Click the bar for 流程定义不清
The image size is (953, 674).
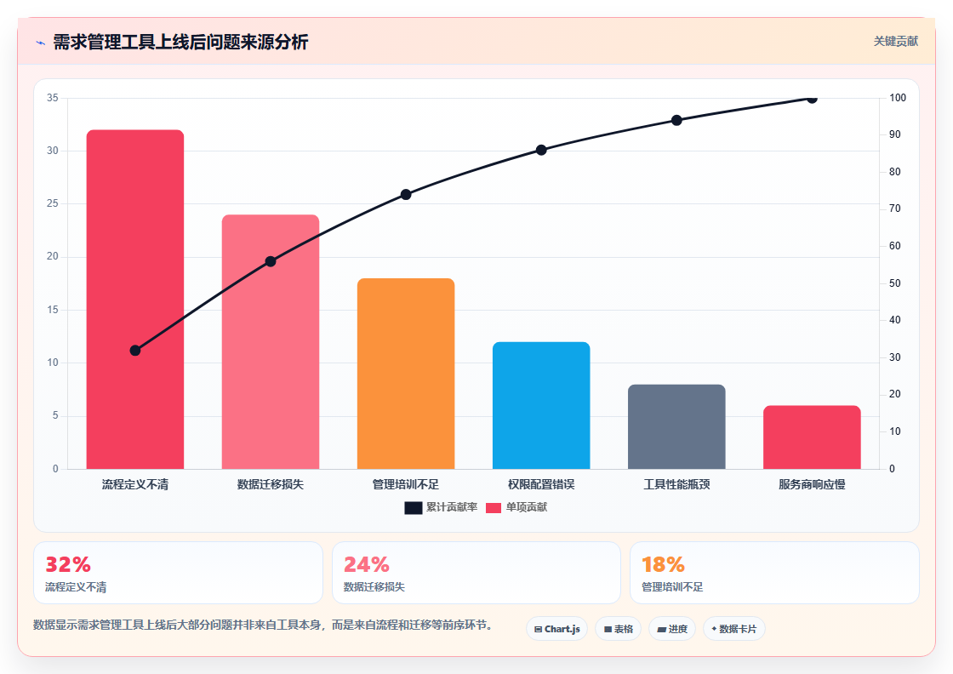[x=135, y=299]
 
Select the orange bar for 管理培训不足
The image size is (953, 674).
[x=406, y=373]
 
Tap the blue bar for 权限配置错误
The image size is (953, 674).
[x=541, y=405]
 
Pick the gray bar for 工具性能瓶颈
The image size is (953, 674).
[x=676, y=426]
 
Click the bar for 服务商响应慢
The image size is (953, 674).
[x=812, y=437]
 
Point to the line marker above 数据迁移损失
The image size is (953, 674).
[x=271, y=261]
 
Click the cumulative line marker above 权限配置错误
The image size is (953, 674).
[x=541, y=150]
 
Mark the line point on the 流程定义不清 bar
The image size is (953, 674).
[x=135, y=350]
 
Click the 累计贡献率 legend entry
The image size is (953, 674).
[x=441, y=507]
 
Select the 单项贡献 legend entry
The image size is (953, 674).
[x=516, y=507]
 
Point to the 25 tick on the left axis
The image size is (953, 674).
[x=53, y=203]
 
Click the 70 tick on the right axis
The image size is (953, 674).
[x=894, y=208]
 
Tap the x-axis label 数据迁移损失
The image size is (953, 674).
[x=271, y=484]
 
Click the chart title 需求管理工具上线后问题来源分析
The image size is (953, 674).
[x=180, y=42]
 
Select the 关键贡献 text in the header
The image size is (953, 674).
[x=896, y=42]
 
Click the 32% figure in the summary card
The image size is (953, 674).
[x=68, y=564]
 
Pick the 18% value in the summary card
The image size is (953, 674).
[x=663, y=564]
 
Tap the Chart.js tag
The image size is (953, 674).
[x=556, y=629]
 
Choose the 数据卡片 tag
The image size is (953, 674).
[x=733, y=629]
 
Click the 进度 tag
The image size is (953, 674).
[x=672, y=629]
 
